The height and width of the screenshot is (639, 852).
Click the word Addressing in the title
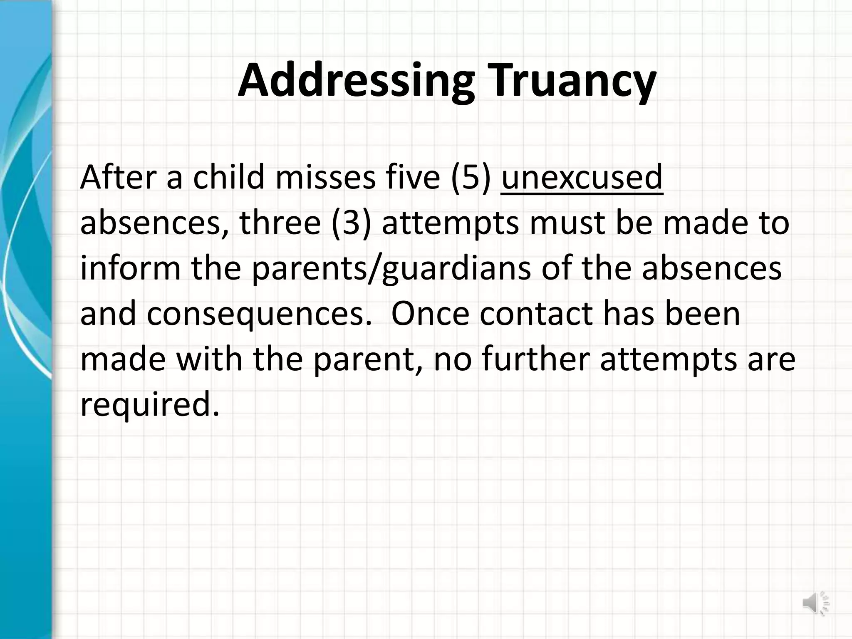pos(356,81)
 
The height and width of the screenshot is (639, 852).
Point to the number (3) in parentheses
pos(351,223)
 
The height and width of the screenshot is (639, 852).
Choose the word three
pos(280,223)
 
